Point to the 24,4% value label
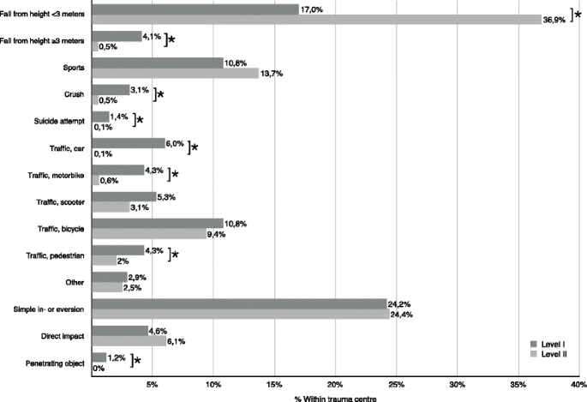[402, 315]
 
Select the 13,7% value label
[272, 74]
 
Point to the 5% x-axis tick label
[152, 382]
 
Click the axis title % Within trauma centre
[334, 396]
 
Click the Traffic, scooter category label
[56, 202]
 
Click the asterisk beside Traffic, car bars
[195, 147]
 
